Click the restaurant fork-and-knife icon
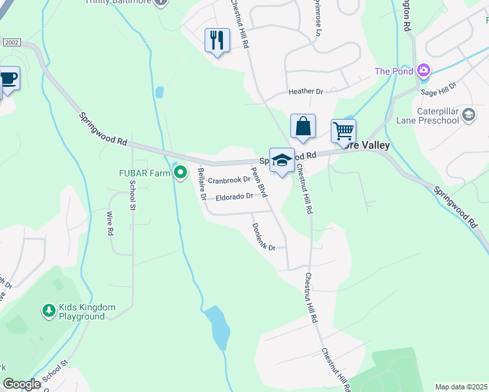217,41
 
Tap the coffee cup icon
8,78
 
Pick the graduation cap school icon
282,160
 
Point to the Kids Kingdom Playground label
87,312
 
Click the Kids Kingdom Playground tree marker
48,311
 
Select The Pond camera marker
424,71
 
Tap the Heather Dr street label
306,92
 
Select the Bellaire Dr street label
202,184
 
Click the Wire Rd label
109,222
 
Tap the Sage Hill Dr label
439,90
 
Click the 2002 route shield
12,42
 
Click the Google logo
22,384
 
